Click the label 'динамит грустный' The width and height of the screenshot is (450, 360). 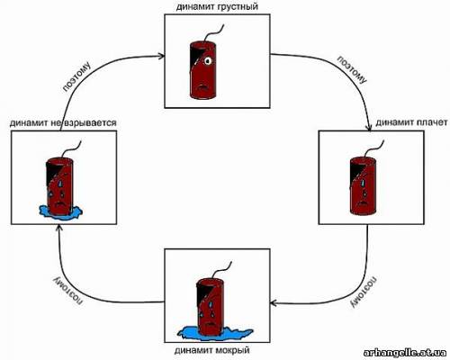pos(217,6)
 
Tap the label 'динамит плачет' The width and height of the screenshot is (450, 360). pos(411,122)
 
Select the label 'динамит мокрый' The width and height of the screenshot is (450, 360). pos(211,350)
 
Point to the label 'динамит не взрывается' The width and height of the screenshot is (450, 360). pos(63,122)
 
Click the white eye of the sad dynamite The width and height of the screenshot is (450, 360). pos(207,61)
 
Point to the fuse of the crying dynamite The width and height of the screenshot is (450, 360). pos(373,149)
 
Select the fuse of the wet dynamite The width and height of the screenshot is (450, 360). pos(222,270)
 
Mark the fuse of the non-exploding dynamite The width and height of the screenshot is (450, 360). pos(72,148)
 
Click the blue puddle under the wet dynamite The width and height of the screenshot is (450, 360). pos(215,333)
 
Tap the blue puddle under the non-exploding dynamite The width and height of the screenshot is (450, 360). pos(60,212)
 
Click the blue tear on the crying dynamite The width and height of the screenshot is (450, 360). pos(364,183)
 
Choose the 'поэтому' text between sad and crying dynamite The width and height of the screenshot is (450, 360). pos(352,69)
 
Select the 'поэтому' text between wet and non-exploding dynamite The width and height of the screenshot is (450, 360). pos(68,292)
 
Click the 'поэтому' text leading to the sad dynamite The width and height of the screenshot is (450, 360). pos(76,76)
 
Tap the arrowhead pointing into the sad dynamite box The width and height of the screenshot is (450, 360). pos(161,56)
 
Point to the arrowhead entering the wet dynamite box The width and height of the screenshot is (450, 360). pos(274,303)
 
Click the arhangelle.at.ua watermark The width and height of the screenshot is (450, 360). pos(405,353)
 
